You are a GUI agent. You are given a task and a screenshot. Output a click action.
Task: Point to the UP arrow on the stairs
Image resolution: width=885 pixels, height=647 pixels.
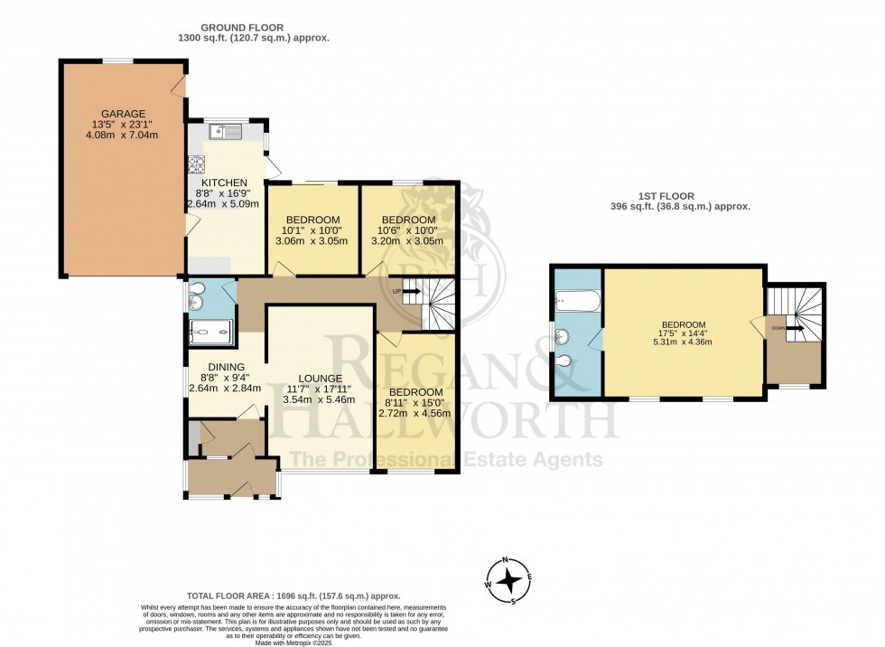409,291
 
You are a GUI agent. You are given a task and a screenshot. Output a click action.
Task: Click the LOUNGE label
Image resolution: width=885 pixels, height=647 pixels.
321,379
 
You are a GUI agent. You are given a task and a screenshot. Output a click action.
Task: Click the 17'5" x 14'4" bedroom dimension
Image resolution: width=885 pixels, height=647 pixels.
685,333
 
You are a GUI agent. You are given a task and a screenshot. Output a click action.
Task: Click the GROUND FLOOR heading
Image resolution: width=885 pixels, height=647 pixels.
254,28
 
